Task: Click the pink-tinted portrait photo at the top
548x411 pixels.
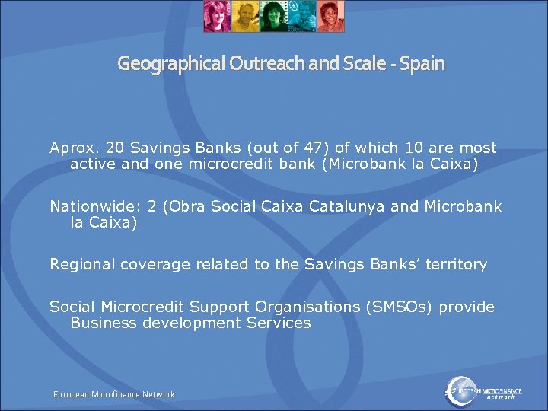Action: (217, 16)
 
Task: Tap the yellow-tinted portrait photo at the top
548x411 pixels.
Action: (244, 16)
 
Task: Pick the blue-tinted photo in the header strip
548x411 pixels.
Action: (301, 16)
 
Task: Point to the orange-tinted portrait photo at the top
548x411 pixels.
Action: (330, 16)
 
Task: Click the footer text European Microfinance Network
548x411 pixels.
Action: (113, 394)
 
